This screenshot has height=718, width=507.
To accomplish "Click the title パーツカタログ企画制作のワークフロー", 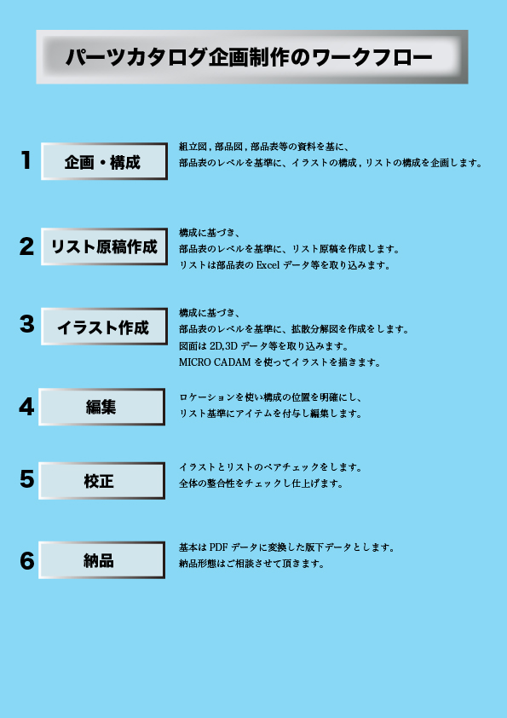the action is [x=249, y=57].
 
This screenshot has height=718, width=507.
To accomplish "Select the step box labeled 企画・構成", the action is [x=104, y=161].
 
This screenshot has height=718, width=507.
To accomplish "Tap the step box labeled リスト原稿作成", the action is [x=104, y=246].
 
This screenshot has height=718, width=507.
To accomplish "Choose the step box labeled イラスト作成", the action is [x=104, y=327].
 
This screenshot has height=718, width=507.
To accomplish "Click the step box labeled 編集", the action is [x=101, y=407].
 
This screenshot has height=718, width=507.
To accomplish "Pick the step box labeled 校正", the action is [x=101, y=480].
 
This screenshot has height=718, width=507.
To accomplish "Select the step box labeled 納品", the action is [x=101, y=560].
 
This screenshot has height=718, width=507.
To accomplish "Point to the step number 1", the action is [x=26, y=160].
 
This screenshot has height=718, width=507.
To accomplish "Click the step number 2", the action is [x=26, y=246].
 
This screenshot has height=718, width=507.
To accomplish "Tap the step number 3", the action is [x=27, y=324].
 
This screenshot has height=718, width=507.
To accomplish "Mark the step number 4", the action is [x=26, y=407].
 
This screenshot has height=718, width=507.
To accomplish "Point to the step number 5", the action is [x=27, y=479].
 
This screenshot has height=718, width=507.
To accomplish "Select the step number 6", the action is [x=27, y=560].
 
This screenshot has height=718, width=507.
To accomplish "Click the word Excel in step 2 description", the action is [x=268, y=265].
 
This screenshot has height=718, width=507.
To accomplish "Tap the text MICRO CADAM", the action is [x=215, y=362].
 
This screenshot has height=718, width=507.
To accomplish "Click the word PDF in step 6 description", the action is [x=218, y=547].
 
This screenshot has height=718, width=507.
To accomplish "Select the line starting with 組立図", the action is [x=264, y=147].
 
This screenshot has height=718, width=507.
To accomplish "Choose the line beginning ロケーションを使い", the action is [x=270, y=397].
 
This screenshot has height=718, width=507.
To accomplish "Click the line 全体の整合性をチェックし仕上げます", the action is [x=261, y=483].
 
